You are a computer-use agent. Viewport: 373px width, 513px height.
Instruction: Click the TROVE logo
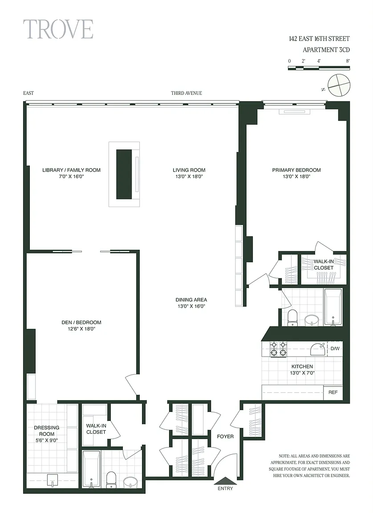(58, 29)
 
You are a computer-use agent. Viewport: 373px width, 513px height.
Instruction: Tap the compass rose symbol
(339, 85)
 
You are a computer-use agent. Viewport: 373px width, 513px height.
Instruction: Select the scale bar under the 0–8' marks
(319, 68)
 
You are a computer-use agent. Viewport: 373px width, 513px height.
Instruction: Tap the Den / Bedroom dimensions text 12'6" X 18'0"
(81, 329)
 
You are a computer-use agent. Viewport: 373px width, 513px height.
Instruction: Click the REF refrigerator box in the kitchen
(333, 392)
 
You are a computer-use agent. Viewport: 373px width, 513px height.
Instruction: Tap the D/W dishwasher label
(335, 348)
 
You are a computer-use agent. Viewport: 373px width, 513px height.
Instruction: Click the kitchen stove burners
(278, 349)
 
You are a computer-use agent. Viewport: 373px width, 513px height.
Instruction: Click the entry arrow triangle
(225, 480)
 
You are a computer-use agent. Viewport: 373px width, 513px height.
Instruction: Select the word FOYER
(225, 436)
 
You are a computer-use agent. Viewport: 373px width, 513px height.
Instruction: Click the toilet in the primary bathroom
(292, 318)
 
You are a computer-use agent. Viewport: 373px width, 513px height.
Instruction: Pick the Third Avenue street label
(186, 93)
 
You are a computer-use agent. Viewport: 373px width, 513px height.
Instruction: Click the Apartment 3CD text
(326, 50)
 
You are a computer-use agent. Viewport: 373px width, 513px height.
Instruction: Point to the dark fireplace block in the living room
(124, 174)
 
